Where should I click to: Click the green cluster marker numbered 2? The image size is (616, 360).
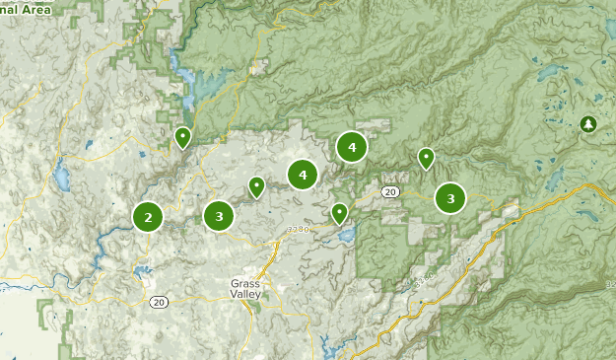(148, 217)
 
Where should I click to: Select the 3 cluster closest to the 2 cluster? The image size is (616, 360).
(219, 215)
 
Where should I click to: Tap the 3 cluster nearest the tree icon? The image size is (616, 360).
(450, 198)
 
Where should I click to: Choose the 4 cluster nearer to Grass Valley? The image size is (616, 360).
(303, 175)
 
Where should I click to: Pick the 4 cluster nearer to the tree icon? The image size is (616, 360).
(351, 147)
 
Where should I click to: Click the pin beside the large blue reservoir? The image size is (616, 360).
(182, 136)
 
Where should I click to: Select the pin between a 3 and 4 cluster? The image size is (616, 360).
(256, 185)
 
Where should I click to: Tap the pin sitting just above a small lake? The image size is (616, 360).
(339, 211)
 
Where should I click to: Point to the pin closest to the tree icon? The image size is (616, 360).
(426, 157)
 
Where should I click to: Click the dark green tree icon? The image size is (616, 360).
(588, 123)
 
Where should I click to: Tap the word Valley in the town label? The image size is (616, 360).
(245, 294)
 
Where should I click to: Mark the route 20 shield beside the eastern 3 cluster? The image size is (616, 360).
(390, 190)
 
